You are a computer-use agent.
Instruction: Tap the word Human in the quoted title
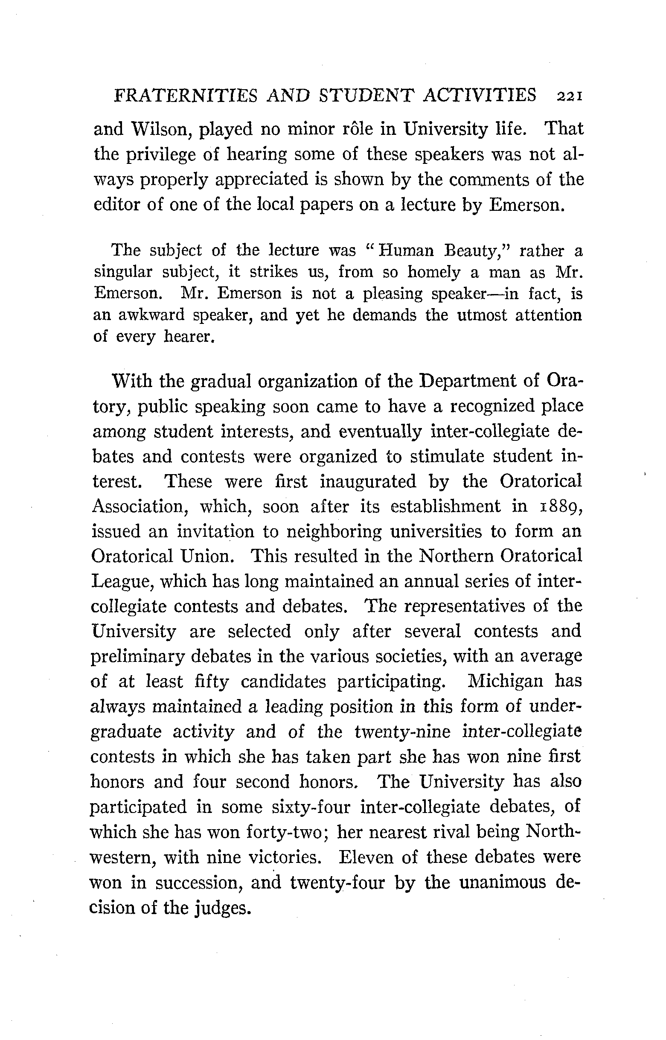pos(406,251)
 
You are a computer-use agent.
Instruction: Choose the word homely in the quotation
pos(434,272)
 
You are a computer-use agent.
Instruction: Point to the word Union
pos(207,557)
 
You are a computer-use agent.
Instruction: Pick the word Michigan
pos(506,682)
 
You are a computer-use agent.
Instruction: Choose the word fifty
pos(212,683)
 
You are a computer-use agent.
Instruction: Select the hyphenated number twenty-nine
pos(402,732)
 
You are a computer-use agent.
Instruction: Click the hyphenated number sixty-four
pos(311,807)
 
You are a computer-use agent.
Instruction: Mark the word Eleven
pos(366,857)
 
